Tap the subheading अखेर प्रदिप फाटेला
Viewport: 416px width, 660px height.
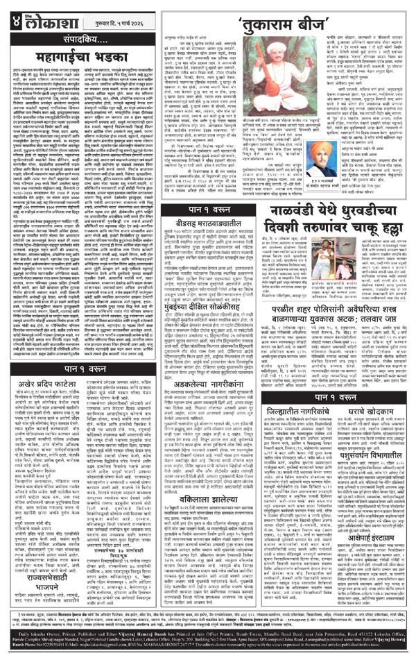(x=49, y=404)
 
